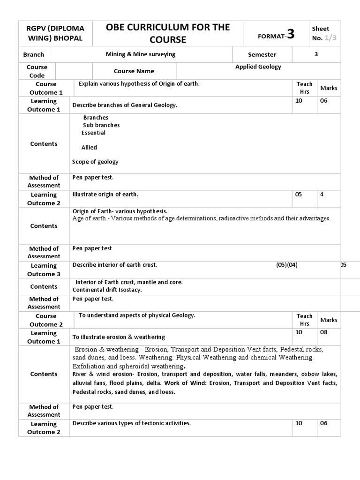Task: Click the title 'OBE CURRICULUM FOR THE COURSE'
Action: pos(168,33)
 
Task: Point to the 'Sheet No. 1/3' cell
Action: pos(323,33)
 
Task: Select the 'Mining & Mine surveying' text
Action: pos(141,54)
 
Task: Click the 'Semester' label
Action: pos(262,55)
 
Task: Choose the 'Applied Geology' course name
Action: pos(258,67)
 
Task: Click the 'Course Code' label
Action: pos(37,71)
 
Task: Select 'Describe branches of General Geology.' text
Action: pos(125,105)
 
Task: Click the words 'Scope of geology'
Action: pos(95,162)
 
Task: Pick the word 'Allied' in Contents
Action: pos(89,147)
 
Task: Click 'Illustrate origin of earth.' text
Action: pos(105,194)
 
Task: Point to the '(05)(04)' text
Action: pos(286,265)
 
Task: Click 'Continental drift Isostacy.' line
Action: pos(107,290)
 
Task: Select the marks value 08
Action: pos(324,332)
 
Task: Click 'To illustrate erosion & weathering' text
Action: pos(119,337)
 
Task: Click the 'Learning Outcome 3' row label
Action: pos(44,270)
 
